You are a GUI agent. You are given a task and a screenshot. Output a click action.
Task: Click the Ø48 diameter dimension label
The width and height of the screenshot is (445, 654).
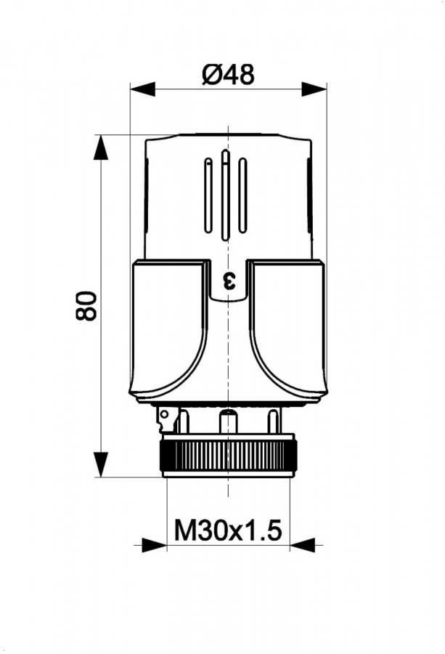coord(228,76)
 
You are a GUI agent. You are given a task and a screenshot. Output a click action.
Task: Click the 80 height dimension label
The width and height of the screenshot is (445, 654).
coord(86,305)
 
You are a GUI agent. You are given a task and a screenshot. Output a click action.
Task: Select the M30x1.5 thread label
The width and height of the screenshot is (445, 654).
coord(228,530)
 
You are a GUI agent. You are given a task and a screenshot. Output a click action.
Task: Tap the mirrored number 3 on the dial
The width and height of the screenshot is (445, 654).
coord(229,280)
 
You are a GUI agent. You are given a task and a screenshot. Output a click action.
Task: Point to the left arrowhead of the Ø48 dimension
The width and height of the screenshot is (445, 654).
coord(142,89)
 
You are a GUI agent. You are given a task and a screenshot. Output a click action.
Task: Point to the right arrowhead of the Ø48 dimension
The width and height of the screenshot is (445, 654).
coord(314,89)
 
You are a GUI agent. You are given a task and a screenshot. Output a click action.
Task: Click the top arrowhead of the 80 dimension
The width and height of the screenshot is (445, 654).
coord(101,148)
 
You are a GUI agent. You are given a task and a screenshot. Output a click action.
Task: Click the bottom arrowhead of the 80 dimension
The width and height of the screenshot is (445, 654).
coord(101,464)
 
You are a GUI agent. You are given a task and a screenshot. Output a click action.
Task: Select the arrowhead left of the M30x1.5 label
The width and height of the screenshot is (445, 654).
coord(154,545)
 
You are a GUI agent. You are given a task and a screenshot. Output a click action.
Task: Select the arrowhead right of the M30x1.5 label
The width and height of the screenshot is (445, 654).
coord(303,545)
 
